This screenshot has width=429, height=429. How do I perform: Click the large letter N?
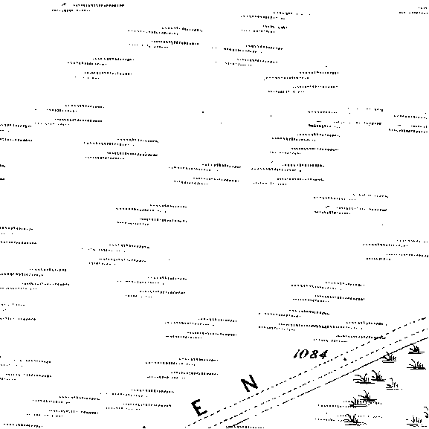point(250,382)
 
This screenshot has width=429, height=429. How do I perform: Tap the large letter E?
point(200,407)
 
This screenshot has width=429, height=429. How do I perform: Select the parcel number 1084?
point(311,354)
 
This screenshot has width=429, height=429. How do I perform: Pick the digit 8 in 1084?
point(314,355)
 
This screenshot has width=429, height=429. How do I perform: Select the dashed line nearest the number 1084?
point(306,372)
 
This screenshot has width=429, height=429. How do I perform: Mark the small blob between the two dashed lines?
point(345,358)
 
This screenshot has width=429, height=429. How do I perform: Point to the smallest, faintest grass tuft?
point(393,385)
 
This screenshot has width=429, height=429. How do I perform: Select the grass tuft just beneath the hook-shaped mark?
point(414,421)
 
